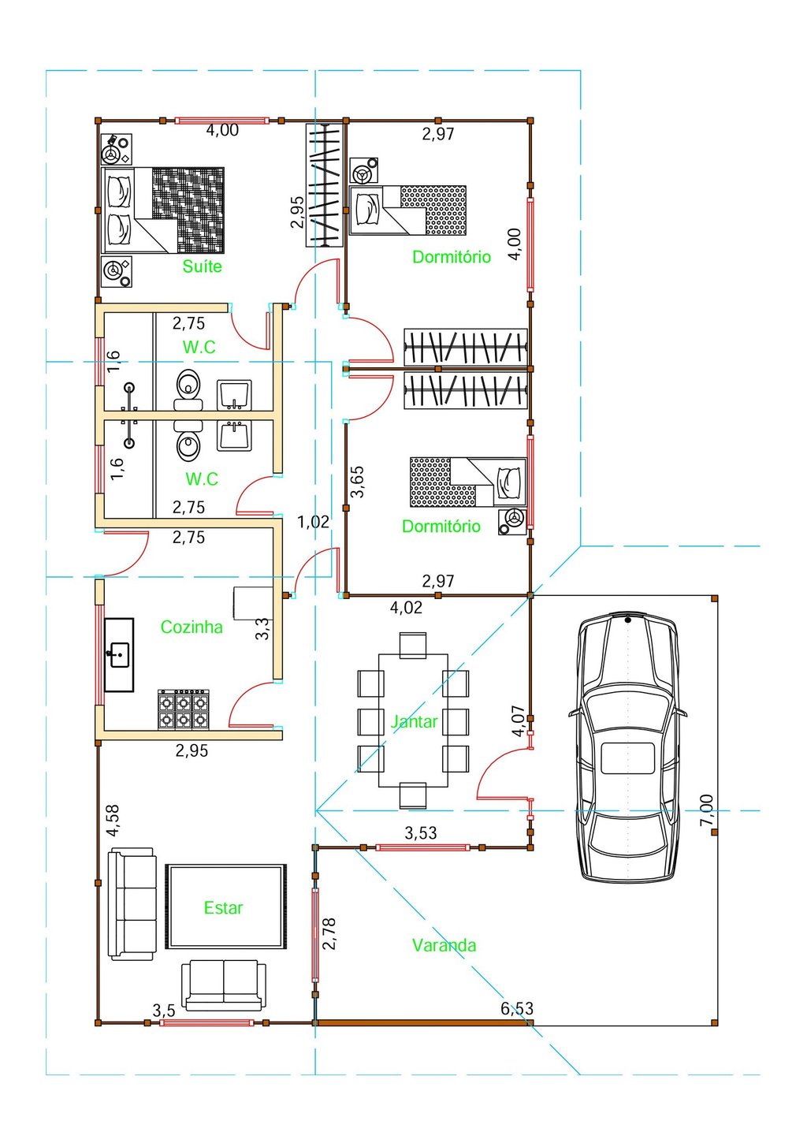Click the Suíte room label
coord(202,266)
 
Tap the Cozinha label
coord(192,627)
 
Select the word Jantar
coord(414,721)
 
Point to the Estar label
coord(224,908)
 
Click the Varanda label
coord(444,945)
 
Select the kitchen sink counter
coord(119,655)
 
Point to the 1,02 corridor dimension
coord(313,522)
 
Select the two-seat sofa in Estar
coord(224,985)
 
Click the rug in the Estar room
coord(226,907)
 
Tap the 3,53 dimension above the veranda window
coord(421,833)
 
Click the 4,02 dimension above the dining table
coord(406,607)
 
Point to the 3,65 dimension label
coord(357,481)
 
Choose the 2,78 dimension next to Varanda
coord(329,933)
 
